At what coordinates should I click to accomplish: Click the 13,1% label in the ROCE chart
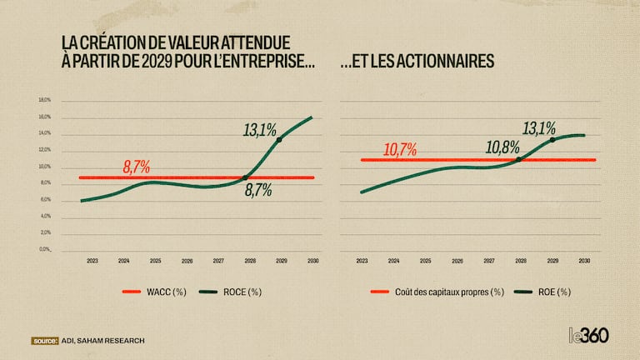tap(260, 130)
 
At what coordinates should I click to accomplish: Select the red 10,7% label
tap(401, 150)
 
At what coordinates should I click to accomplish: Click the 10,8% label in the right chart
tap(503, 148)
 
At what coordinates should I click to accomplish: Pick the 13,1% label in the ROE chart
tap(539, 128)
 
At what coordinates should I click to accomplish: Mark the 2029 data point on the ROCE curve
tap(278, 139)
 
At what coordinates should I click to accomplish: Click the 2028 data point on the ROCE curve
tap(245, 177)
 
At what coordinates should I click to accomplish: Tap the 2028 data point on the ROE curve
tap(519, 159)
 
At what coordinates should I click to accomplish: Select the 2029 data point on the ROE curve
tap(552, 139)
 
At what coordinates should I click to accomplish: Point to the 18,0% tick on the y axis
tap(45, 100)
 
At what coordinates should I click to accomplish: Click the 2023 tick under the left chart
tap(92, 261)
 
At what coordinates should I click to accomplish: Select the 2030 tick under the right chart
tap(585, 261)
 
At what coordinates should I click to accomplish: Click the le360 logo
tap(587, 336)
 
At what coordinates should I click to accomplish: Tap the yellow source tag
tap(44, 340)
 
